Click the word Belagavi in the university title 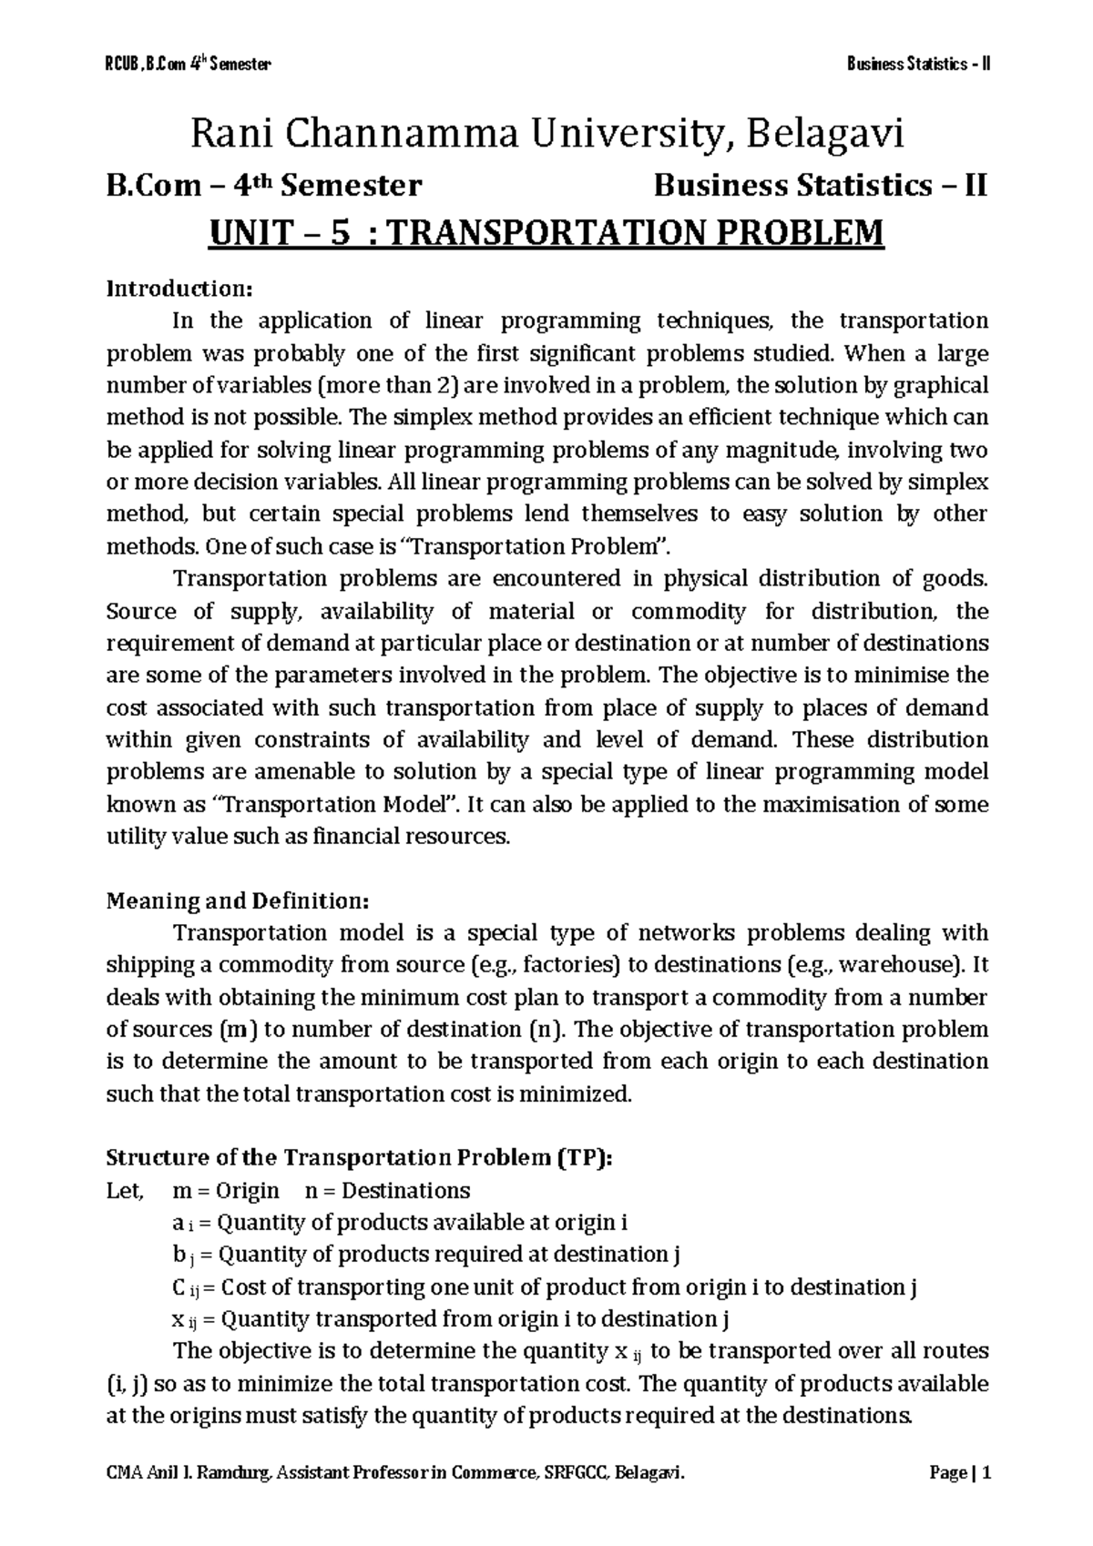tap(827, 136)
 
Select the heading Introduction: tap(178, 289)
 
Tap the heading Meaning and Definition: tap(238, 900)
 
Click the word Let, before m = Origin tap(125, 1190)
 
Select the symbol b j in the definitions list tap(182, 1255)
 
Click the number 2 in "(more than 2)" tap(456, 385)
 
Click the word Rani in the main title tap(233, 136)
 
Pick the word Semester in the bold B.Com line tap(352, 186)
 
